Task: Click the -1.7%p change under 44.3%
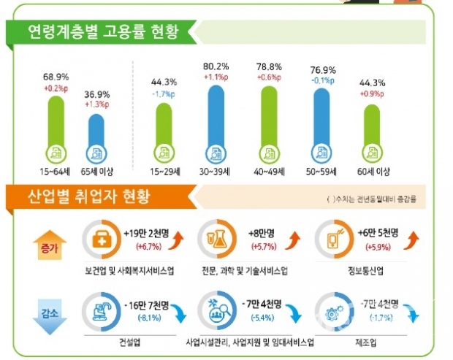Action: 164,94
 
